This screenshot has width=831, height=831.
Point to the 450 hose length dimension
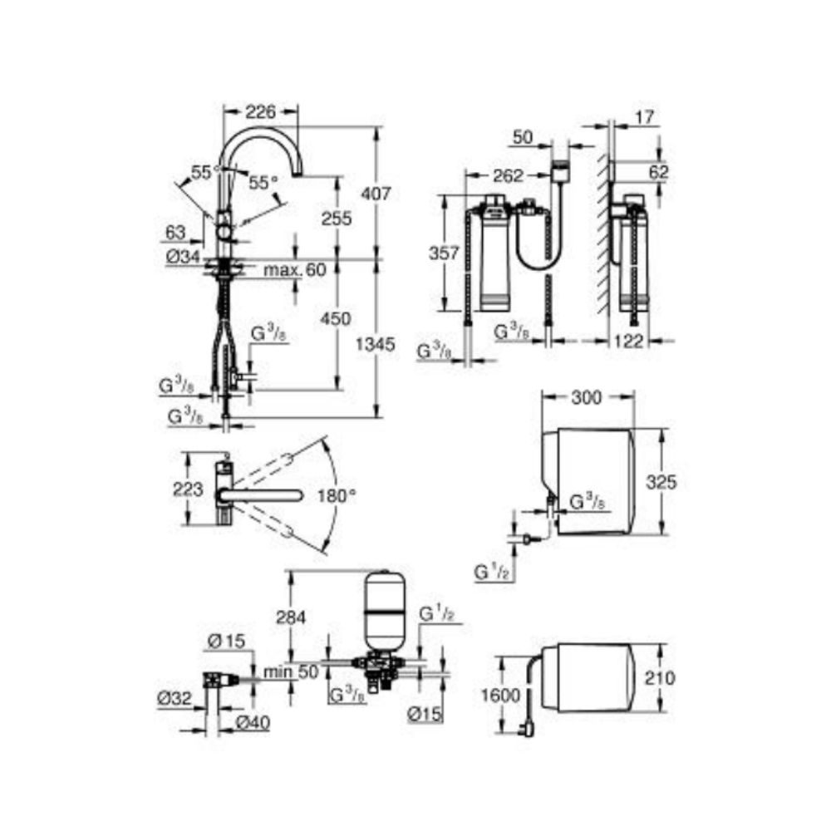pyautogui.click(x=336, y=318)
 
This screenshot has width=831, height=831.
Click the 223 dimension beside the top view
pyautogui.click(x=189, y=489)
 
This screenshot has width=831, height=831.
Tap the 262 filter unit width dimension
pyautogui.click(x=508, y=176)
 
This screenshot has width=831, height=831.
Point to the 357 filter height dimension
pyautogui.click(x=445, y=253)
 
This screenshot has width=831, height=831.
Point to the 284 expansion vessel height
pyautogui.click(x=290, y=617)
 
